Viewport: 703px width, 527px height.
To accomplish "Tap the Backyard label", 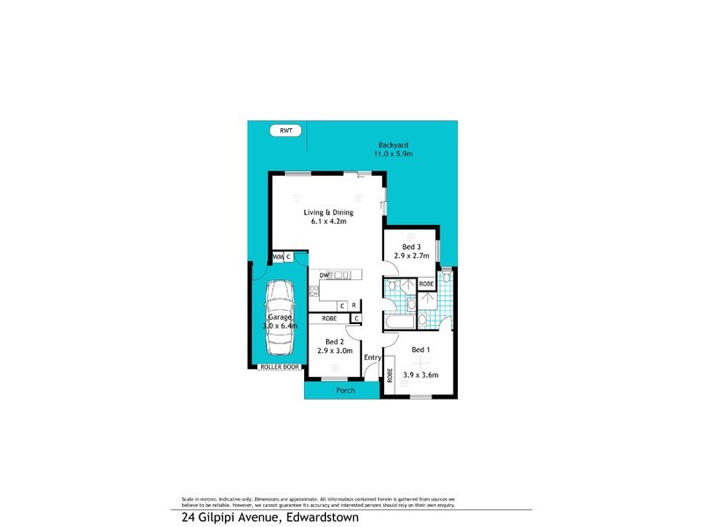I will [394, 145].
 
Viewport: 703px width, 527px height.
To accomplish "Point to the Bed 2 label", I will [334, 342].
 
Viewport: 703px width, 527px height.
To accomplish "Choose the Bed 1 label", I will [420, 350].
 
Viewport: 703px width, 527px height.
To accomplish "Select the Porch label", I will [346, 390].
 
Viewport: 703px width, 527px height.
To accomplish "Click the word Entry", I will [373, 357].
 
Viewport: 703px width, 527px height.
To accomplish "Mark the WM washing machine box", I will [278, 256].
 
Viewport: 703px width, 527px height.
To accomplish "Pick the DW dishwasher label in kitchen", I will [324, 276].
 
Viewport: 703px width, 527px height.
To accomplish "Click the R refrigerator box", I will [353, 306].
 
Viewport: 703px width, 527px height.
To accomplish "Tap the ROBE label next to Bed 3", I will [426, 284].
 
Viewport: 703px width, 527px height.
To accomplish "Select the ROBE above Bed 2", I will [330, 318].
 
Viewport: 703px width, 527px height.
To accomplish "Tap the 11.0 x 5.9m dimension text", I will [394, 154].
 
